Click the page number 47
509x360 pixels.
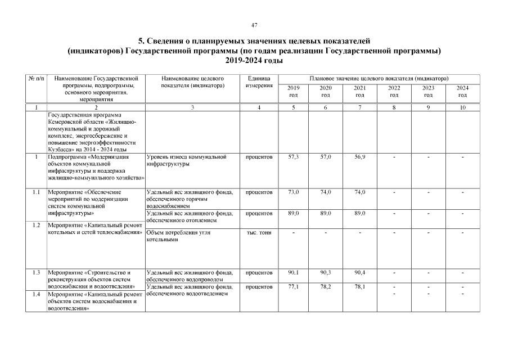[x=254, y=25]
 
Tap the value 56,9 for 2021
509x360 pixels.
[x=359, y=157]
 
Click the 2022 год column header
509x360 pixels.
[x=394, y=92]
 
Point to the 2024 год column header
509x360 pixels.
[x=462, y=92]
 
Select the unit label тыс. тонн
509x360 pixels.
[x=259, y=233]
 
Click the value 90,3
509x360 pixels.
[x=326, y=273]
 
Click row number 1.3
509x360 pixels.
[x=36, y=273]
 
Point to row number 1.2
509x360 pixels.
[x=36, y=225]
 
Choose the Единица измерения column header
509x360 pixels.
[x=259, y=82]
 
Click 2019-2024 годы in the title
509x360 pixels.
[x=254, y=60]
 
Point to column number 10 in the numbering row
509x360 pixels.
[x=462, y=106]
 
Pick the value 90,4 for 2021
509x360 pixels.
[x=359, y=273]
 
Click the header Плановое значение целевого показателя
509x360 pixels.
[x=378, y=78]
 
